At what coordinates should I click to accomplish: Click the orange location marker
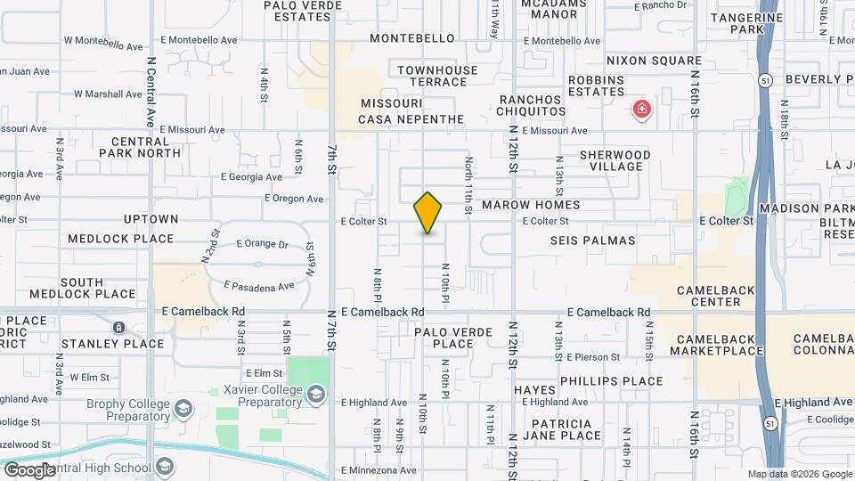427,213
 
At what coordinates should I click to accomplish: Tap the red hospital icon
640,110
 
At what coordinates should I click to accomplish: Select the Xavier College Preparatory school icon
315,394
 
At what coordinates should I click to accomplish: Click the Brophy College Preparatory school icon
183,409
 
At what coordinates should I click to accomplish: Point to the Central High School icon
165,468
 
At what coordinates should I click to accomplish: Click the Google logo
28,469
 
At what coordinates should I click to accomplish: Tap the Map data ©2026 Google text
800,474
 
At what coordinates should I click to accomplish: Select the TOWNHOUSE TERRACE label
437,76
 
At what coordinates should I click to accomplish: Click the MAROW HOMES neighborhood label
531,205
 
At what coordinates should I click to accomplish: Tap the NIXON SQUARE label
654,61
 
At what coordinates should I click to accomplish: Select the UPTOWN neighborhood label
151,218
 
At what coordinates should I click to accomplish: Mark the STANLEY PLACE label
112,343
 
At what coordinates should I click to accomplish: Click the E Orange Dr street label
262,243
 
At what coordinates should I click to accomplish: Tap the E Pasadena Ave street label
259,286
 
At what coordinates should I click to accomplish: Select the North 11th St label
468,187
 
